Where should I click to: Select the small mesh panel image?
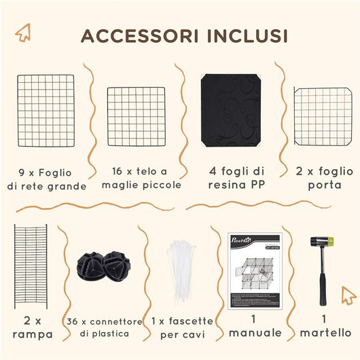(136, 116)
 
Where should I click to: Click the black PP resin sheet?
(230, 111)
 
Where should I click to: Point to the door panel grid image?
(322, 116)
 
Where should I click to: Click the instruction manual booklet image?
(255, 270)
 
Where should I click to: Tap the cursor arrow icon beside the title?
(24, 32)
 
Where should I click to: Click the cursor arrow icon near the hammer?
(348, 295)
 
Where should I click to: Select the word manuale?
(255, 332)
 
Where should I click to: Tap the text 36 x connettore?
(105, 321)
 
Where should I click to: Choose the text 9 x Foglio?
(46, 171)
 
